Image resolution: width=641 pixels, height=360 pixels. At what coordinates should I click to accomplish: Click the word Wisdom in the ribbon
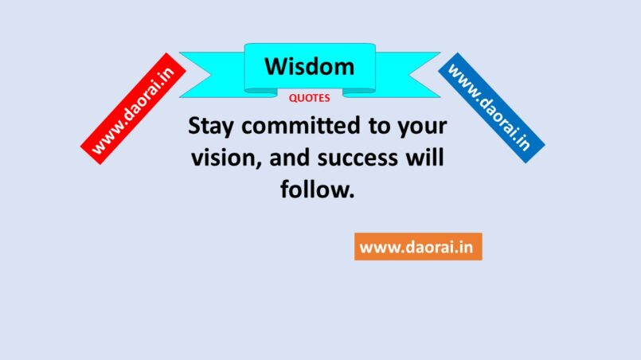coord(310,66)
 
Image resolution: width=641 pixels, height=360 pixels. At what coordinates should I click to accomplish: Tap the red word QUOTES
coord(310,98)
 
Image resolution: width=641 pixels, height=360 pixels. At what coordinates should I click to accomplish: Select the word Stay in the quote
coord(210,126)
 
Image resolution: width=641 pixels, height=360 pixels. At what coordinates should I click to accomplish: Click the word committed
coord(301,125)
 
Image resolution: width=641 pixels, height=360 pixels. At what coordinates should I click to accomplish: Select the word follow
coord(314,190)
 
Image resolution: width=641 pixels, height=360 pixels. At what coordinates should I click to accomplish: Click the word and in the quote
coord(289,158)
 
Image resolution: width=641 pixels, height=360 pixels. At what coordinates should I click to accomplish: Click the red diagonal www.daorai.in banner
coord(133,108)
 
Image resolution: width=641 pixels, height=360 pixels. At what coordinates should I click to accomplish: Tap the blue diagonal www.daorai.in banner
coord(491,108)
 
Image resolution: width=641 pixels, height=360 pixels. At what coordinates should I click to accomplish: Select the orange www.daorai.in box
coord(418,247)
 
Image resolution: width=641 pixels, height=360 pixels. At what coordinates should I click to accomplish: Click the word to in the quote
coord(379,126)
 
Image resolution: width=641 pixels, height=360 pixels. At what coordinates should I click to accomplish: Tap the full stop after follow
coord(351,197)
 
